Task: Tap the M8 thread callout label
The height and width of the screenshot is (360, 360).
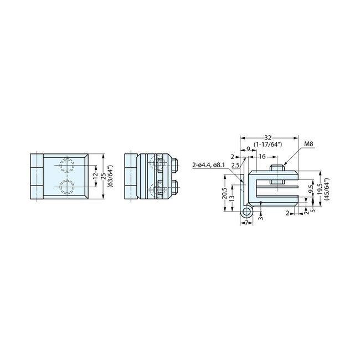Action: pyautogui.click(x=308, y=145)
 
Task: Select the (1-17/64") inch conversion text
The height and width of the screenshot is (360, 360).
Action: pyautogui.click(x=269, y=144)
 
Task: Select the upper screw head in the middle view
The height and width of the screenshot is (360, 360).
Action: pyautogui.click(x=173, y=164)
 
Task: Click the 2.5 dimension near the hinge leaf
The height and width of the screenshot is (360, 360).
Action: pyautogui.click(x=235, y=165)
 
